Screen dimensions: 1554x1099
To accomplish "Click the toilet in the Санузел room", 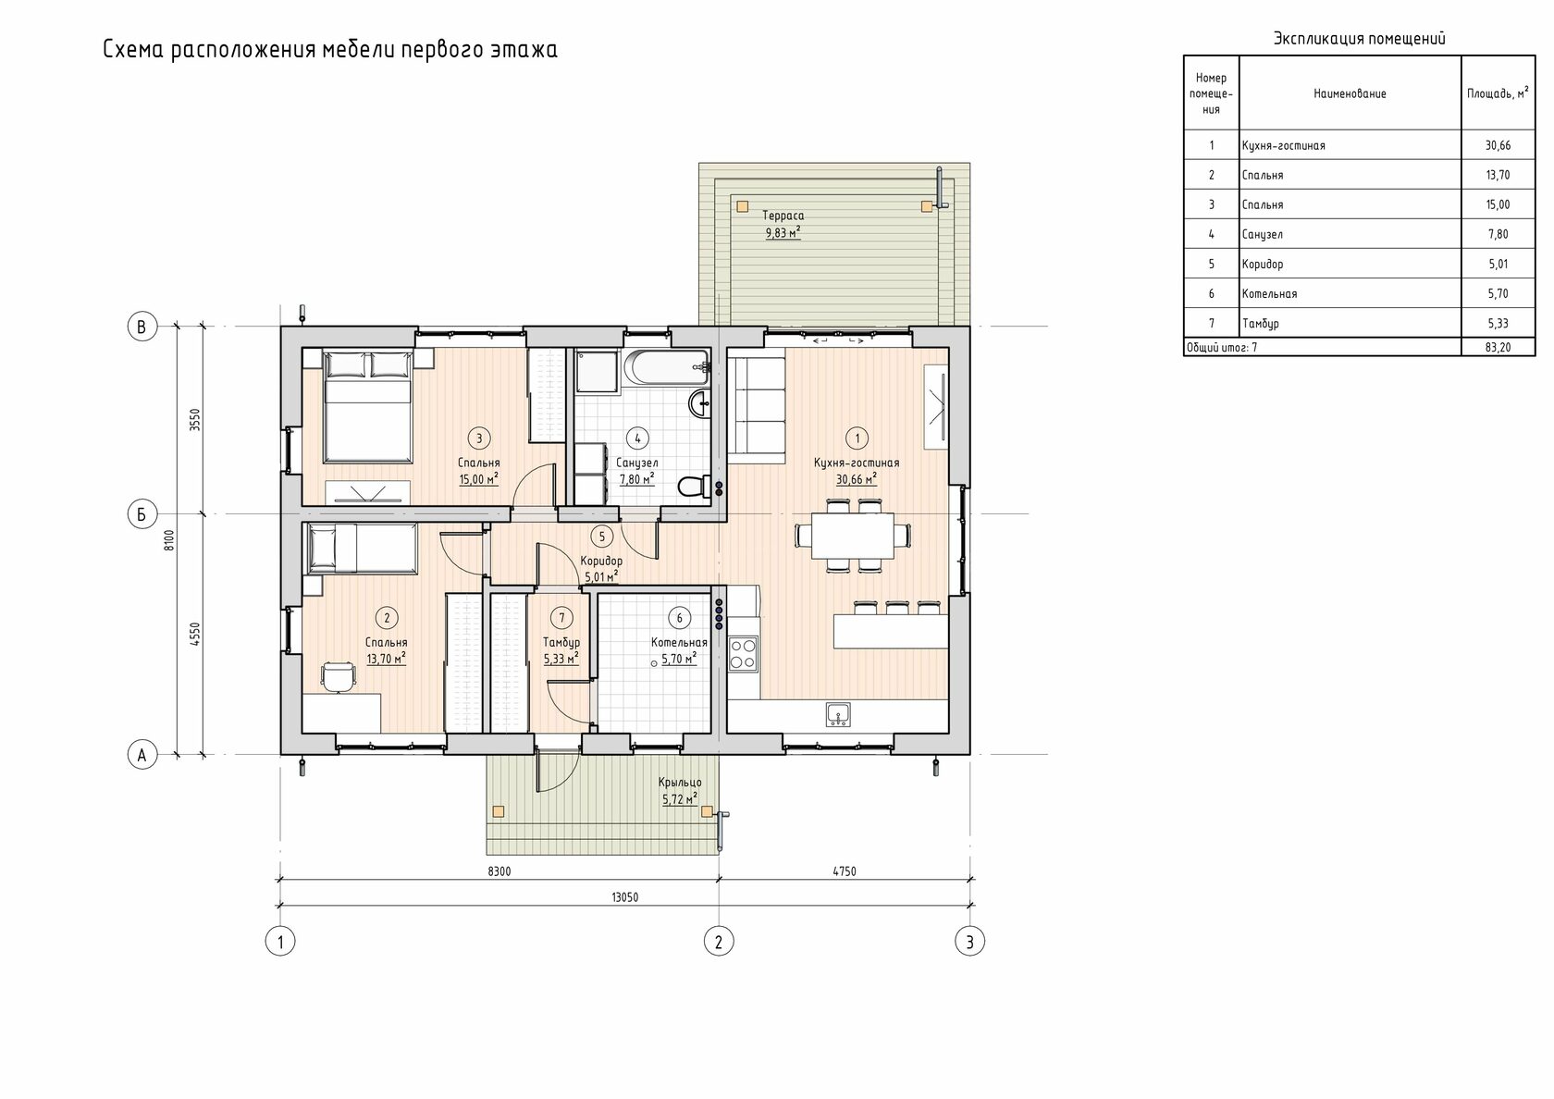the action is tap(695, 486).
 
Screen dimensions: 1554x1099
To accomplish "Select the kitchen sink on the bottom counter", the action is tap(839, 714).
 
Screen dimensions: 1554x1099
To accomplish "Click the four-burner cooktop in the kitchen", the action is tap(743, 654).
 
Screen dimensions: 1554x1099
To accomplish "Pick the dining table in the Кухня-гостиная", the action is tap(853, 535).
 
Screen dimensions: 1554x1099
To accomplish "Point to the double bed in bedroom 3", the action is tap(367, 407).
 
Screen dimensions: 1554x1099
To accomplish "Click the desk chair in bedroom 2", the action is tap(338, 676).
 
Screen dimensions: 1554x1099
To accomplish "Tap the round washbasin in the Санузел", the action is tap(701, 402).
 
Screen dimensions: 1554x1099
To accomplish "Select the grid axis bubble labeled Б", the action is tap(142, 514).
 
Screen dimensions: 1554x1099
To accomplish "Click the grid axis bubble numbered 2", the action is tap(718, 942).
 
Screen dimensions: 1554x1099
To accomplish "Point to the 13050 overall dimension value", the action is tap(624, 897).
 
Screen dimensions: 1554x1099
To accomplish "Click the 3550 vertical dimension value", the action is tap(195, 420).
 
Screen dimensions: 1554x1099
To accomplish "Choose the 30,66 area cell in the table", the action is tap(1498, 145).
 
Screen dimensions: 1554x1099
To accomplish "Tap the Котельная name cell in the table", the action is tap(1269, 293).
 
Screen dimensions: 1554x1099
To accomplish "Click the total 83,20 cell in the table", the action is tap(1498, 347).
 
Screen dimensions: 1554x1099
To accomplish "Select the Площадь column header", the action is tap(1497, 93).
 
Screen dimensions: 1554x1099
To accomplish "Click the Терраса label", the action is tap(783, 215).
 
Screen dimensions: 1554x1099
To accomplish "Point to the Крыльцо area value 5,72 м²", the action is tap(679, 799).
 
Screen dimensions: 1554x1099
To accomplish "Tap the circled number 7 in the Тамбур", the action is tap(561, 618).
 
